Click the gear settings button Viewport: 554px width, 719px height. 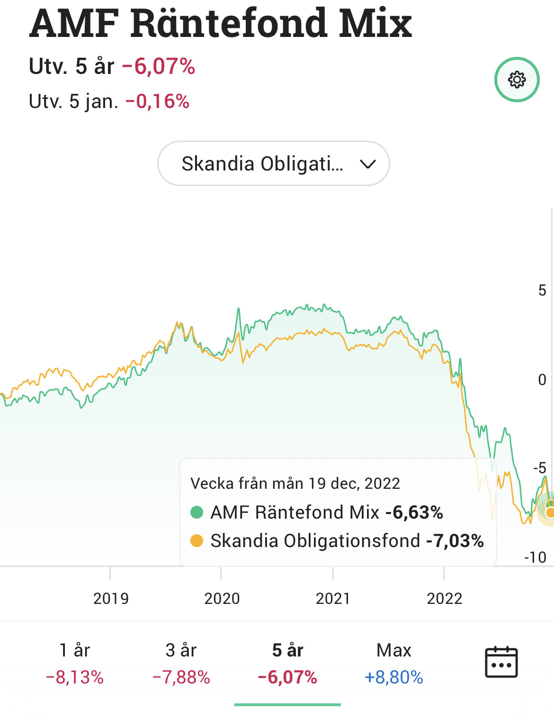tap(517, 80)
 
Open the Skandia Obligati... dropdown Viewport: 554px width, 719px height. tap(273, 163)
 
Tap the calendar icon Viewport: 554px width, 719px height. tap(501, 662)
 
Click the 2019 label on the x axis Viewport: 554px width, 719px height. tap(111, 599)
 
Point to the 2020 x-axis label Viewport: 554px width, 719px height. tap(222, 599)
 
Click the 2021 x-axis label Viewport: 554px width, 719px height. tap(333, 599)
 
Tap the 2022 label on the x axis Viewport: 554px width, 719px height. tap(444, 599)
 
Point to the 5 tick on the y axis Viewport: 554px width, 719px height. tap(542, 290)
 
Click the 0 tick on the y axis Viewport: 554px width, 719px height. tap(542, 379)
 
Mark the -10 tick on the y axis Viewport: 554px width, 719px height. tap(536, 557)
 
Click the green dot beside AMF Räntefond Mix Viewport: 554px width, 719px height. tap(197, 512)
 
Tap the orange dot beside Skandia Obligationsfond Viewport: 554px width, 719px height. tap(197, 540)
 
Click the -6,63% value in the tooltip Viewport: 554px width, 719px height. tap(414, 512)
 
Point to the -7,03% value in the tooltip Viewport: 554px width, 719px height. tap(455, 540)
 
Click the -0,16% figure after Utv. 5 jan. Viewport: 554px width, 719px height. tap(157, 101)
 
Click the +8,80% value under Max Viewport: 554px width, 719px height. tap(393, 677)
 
